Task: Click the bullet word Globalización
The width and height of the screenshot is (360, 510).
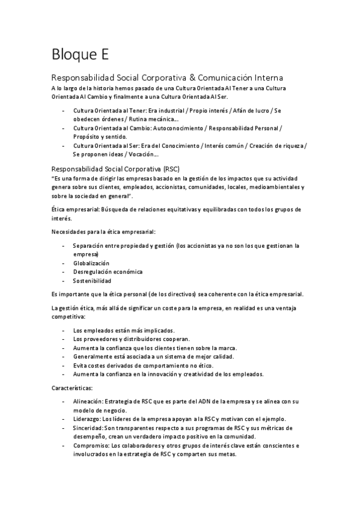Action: (91, 263)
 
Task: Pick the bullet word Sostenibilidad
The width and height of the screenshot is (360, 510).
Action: (92, 280)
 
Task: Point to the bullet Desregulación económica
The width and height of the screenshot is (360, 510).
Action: (108, 272)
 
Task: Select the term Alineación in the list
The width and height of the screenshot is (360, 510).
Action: (88, 401)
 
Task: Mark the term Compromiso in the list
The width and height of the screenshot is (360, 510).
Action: (90, 446)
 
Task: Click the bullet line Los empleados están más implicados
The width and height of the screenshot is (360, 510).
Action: (124, 330)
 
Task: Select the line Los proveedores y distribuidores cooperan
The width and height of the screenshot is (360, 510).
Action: (131, 339)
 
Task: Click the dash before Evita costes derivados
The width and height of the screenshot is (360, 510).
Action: (64, 366)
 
